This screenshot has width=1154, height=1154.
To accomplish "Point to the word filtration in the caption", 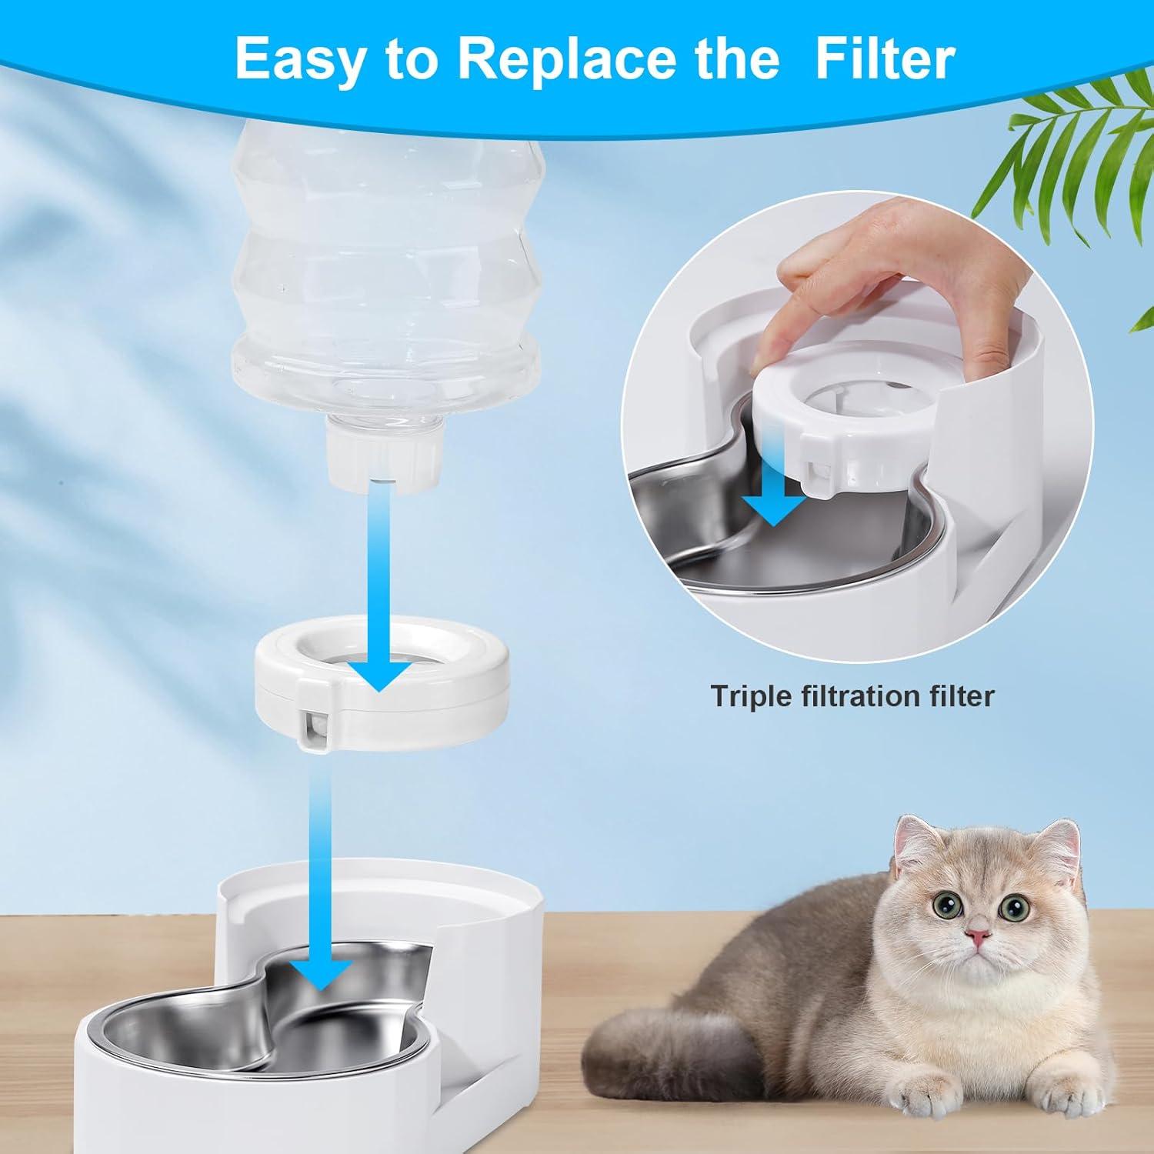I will coord(854,695).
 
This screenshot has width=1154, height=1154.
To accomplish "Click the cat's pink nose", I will coord(978,936).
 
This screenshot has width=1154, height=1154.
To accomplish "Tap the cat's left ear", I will coord(922,839).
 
